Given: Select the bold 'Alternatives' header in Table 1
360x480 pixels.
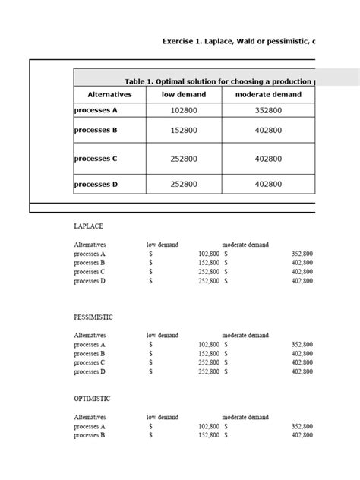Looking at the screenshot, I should coord(109,95).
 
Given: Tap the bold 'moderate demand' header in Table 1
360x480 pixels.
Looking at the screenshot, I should coord(268,95).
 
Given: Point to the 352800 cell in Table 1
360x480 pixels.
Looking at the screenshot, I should coord(268,110).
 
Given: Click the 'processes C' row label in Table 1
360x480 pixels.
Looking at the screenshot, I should coord(96,159).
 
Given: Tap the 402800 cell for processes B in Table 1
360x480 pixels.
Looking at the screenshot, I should coord(268,131).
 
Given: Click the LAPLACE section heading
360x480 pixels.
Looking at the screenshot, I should coord(88,226).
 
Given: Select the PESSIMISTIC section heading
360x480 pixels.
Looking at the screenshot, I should coord(93,317).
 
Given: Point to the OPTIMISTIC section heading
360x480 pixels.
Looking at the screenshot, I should coord(92,399).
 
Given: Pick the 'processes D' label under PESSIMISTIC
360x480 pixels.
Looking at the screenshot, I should coord(90,372).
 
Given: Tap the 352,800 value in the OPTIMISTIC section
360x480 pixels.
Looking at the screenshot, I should coord(302,427).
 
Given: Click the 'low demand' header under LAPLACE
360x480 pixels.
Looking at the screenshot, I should coord(163,245).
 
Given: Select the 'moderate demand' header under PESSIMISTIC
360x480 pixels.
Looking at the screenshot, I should coord(245,335).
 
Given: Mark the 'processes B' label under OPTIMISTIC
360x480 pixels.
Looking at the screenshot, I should coord(90,436).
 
